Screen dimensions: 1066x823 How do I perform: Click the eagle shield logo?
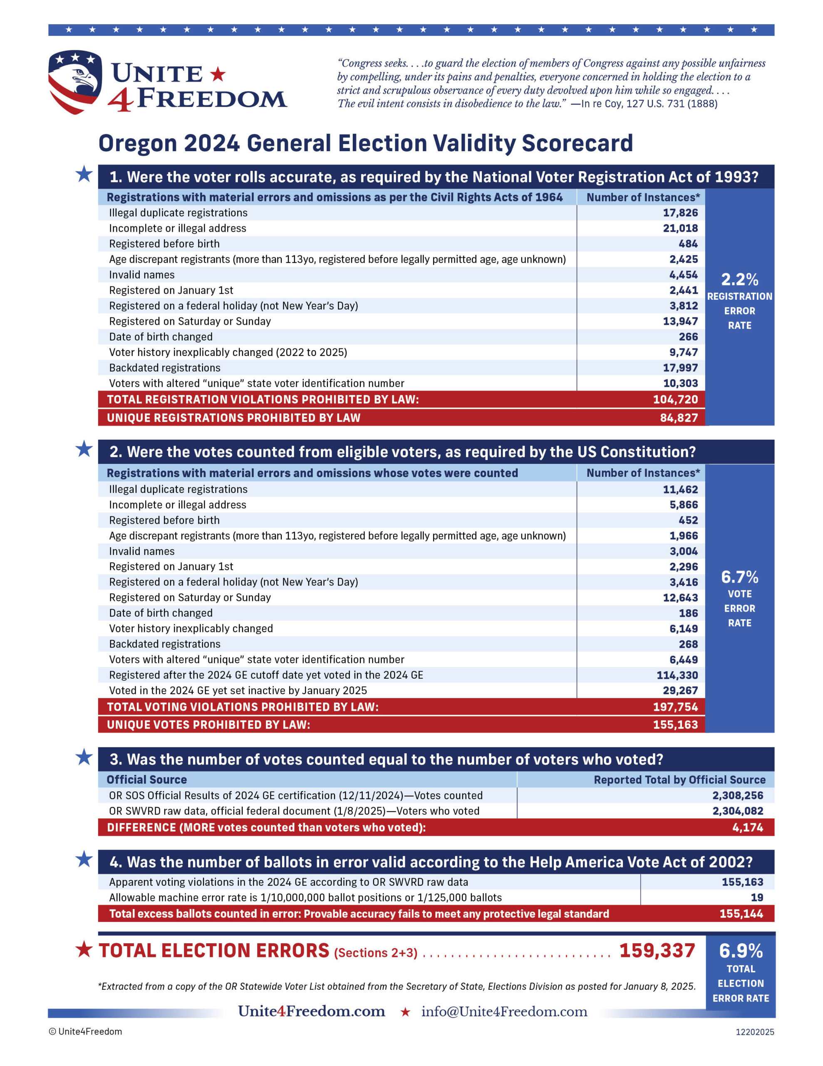[x=75, y=82]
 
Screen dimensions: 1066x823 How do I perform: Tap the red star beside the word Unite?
[x=218, y=74]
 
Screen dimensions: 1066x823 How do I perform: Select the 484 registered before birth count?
[x=688, y=244]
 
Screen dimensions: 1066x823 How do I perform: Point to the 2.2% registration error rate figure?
[x=740, y=280]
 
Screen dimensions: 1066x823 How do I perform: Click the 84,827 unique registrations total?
[x=679, y=418]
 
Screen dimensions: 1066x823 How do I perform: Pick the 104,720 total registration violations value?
[x=675, y=399]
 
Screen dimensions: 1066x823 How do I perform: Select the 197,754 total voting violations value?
[x=675, y=707]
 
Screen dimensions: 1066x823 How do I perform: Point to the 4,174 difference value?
[x=747, y=828]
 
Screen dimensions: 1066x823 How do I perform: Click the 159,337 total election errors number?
[x=657, y=951]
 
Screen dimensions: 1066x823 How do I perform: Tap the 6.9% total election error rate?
[x=741, y=951]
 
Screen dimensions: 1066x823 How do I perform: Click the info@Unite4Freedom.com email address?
[x=504, y=1011]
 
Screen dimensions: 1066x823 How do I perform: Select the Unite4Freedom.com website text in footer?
[x=311, y=1011]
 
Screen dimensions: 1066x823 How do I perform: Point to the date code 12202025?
[x=755, y=1032]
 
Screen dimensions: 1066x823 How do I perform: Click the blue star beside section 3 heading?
[x=84, y=757]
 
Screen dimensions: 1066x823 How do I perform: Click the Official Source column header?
[x=147, y=780]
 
